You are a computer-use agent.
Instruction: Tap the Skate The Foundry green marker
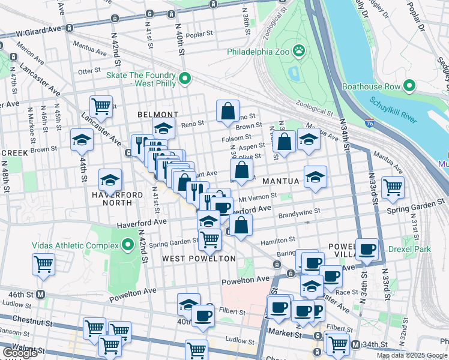pos(185,78)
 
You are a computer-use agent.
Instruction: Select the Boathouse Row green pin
pos(410,86)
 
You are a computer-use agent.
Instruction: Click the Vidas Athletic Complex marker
pos(127,245)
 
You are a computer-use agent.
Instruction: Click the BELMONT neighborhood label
pos(158,114)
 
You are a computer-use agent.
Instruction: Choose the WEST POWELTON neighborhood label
pos(199,258)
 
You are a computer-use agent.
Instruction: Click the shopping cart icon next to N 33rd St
pos(393,187)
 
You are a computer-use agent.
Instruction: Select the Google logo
pos(20,353)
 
